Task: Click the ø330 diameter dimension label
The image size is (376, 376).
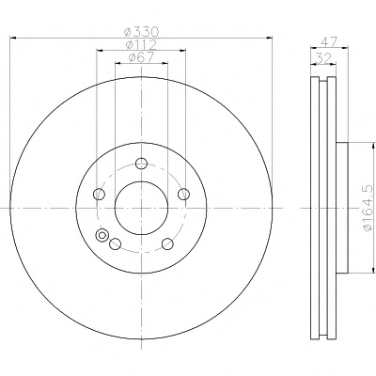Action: tap(142, 32)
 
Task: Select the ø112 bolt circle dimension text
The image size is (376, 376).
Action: tap(141, 45)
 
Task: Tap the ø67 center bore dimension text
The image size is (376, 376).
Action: tap(141, 57)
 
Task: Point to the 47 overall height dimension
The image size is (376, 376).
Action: tap(329, 41)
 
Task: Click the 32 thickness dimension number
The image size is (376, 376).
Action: tap(322, 58)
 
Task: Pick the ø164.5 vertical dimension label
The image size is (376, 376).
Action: tap(368, 208)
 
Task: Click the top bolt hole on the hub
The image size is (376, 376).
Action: tap(141, 164)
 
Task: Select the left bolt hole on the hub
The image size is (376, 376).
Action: tap(99, 194)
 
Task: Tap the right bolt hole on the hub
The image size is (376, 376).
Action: tap(183, 194)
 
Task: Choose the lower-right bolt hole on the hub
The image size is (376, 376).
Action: tap(167, 243)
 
